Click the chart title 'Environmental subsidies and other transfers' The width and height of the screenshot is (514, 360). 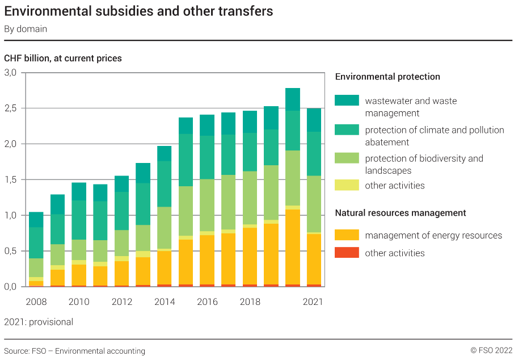click(x=138, y=11)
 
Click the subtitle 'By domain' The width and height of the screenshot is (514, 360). click(x=26, y=29)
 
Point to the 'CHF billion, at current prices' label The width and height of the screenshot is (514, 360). click(x=63, y=58)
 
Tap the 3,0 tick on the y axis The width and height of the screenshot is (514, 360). click(x=11, y=73)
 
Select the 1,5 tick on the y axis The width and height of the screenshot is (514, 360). click(x=11, y=180)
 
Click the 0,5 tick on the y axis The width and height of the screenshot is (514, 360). click(x=11, y=252)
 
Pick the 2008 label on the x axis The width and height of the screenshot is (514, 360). click(x=36, y=302)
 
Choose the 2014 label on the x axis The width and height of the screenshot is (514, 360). click(x=165, y=302)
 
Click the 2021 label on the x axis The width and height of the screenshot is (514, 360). click(x=313, y=302)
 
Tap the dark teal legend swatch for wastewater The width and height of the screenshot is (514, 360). click(x=347, y=101)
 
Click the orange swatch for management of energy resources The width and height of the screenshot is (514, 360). click(x=347, y=235)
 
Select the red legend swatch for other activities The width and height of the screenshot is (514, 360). click(x=347, y=253)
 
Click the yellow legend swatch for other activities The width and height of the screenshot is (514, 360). click(x=347, y=185)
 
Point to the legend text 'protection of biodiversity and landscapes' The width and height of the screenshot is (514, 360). click(x=424, y=164)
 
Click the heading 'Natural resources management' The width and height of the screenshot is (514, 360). click(x=401, y=213)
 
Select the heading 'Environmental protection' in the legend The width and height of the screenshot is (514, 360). click(x=387, y=77)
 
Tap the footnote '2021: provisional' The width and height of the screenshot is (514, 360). click(x=39, y=322)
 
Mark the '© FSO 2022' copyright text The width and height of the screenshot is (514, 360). click(x=491, y=351)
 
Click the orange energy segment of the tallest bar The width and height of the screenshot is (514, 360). click(x=293, y=247)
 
